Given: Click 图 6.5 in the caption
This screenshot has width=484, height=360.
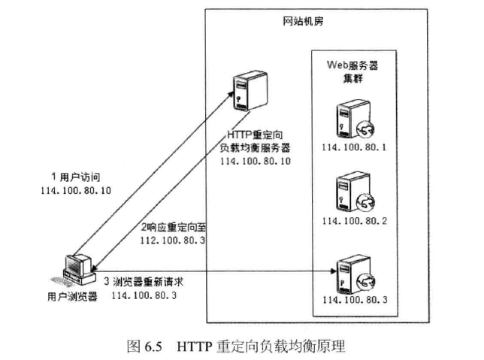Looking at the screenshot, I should (146, 346).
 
